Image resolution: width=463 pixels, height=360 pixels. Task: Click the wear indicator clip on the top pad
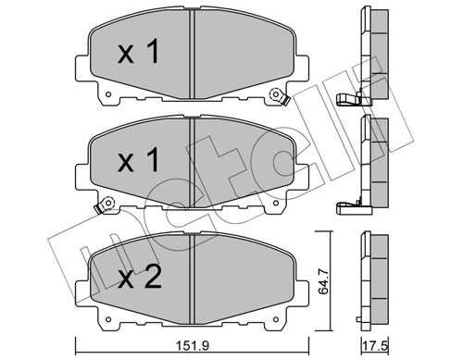tap(275, 95)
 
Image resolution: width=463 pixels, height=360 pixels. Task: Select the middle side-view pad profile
tap(372, 162)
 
